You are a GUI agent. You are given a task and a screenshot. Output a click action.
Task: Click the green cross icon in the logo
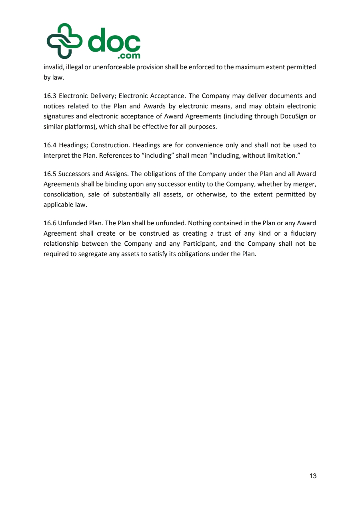64,41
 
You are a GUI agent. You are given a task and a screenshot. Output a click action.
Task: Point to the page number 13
313,476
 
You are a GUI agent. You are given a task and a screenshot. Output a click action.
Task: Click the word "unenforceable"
111,67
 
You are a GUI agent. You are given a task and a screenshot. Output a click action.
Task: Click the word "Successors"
74,174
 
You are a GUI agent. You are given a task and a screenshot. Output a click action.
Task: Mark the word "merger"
305,184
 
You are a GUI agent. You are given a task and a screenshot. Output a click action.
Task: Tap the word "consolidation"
62,194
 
